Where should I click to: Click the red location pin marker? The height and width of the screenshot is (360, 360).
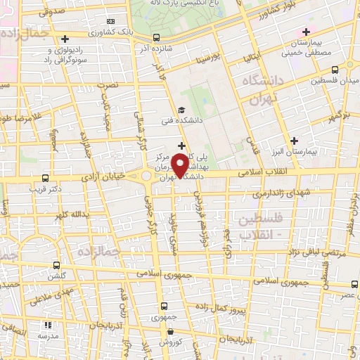tap(181, 166)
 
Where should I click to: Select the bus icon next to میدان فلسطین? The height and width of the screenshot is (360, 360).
tap(334, 70)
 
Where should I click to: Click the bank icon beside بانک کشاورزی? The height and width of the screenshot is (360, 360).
tap(65, 39)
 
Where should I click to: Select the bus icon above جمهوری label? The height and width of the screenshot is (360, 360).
tap(164, 307)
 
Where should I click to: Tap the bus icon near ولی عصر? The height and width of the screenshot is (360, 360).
tap(353, 285)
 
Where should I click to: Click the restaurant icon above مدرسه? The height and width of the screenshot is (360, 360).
tap(49, 325)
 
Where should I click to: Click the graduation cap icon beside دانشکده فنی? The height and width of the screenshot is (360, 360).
tap(181, 109)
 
